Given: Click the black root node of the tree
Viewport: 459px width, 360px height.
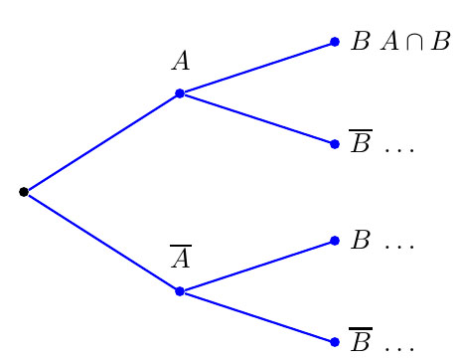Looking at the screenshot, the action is pyautogui.click(x=24, y=192).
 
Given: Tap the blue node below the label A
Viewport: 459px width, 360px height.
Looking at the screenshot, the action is pyautogui.click(x=180, y=93).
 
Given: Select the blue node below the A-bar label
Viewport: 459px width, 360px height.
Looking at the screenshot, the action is pyautogui.click(x=180, y=291).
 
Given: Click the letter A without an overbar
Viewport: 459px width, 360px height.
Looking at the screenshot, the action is pyautogui.click(x=180, y=62).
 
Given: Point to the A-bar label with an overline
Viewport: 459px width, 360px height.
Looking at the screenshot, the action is pyautogui.click(x=180, y=259).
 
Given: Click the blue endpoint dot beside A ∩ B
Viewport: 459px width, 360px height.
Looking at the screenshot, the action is pyautogui.click(x=335, y=42).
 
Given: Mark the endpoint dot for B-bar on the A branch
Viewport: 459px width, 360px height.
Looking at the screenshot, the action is pyautogui.click(x=335, y=143).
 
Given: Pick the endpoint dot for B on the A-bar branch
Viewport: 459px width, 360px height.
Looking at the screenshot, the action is pyautogui.click(x=335, y=242).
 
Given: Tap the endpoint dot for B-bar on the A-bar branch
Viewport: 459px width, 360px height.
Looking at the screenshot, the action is pyautogui.click(x=335, y=342).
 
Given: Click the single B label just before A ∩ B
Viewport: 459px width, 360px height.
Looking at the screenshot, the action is pyautogui.click(x=361, y=43).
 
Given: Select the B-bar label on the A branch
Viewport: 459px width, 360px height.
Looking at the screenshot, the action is pyautogui.click(x=360, y=143).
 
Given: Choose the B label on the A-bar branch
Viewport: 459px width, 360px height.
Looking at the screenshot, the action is pyautogui.click(x=361, y=242).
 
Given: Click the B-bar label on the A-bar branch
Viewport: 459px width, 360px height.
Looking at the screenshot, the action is pyautogui.click(x=360, y=342).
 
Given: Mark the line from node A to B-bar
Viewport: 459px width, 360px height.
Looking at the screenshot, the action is pyautogui.click(x=257, y=118).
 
